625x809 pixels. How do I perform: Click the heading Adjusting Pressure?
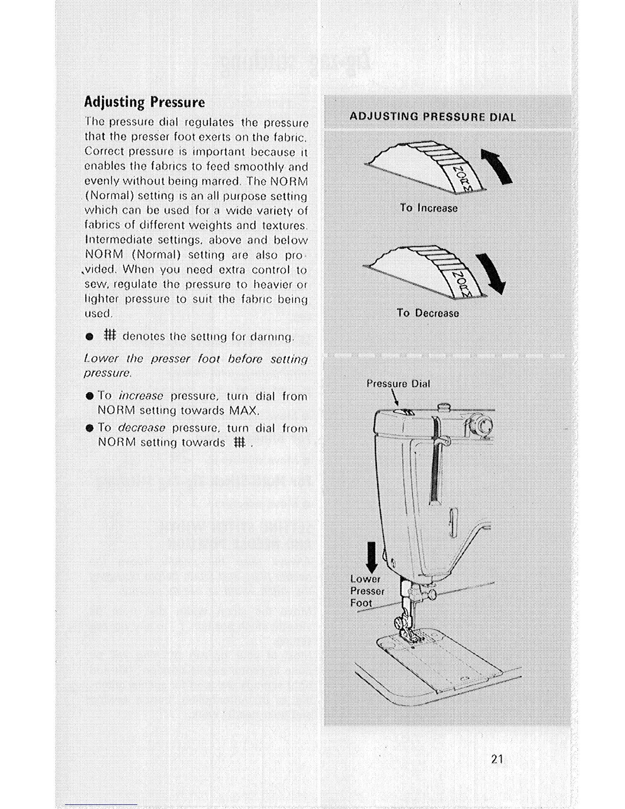(x=144, y=102)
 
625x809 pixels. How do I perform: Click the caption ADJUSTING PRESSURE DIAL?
(x=432, y=117)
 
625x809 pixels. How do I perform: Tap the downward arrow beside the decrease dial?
(x=493, y=273)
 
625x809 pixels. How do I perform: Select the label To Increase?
(x=429, y=208)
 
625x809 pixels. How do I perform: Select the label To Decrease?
(x=428, y=313)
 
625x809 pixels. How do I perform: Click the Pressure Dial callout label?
(x=398, y=384)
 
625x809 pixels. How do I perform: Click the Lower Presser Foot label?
(x=367, y=591)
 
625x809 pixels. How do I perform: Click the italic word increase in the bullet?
(x=141, y=396)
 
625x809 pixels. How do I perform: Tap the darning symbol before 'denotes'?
(x=110, y=336)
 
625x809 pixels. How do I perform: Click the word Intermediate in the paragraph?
(x=118, y=240)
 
